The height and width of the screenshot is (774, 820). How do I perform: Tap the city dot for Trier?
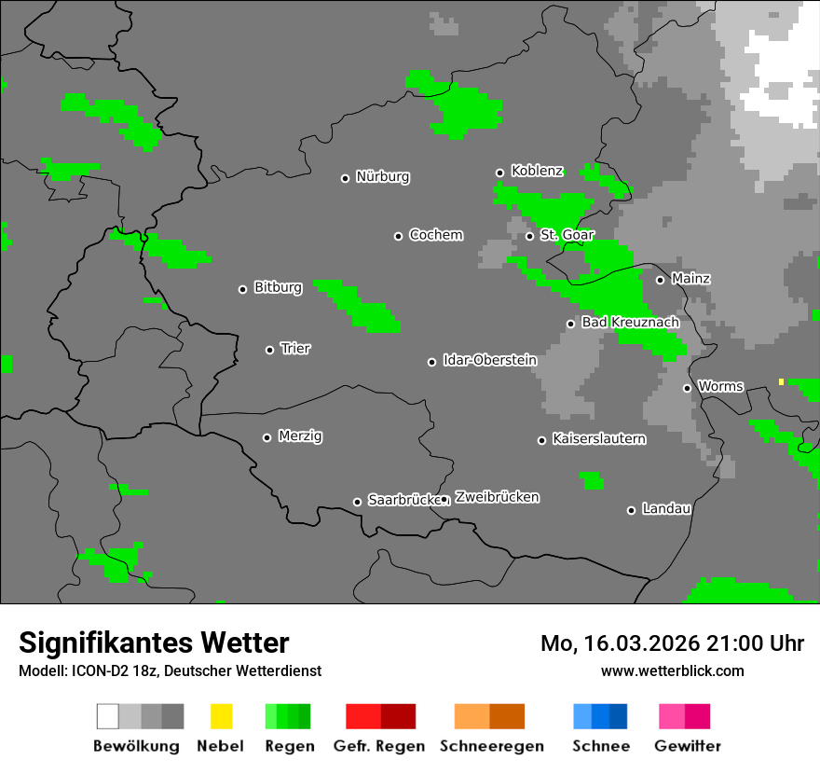click(x=270, y=350)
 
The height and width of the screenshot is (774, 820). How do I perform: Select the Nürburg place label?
click(x=382, y=176)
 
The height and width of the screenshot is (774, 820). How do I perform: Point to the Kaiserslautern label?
click(x=598, y=438)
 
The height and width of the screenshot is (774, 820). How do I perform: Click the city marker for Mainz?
click(x=660, y=280)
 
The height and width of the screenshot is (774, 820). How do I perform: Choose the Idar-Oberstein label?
click(x=489, y=360)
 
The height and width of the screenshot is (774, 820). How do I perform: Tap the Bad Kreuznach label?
click(x=630, y=322)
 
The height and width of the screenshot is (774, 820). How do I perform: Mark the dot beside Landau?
click(x=631, y=510)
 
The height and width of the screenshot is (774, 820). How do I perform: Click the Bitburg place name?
click(x=278, y=287)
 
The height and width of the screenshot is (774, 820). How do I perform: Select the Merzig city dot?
click(x=266, y=437)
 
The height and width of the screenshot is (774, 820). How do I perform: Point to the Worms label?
click(x=720, y=386)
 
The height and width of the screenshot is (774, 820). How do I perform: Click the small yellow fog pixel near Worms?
click(x=781, y=381)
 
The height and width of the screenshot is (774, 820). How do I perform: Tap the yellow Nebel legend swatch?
click(x=221, y=716)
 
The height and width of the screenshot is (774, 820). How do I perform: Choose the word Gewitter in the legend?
click(x=687, y=746)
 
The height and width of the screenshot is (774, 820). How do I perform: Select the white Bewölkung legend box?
click(x=108, y=716)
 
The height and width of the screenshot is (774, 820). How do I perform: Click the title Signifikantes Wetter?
click(x=154, y=643)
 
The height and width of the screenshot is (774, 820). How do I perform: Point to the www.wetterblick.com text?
click(x=672, y=670)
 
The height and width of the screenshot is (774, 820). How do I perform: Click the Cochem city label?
click(x=435, y=235)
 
